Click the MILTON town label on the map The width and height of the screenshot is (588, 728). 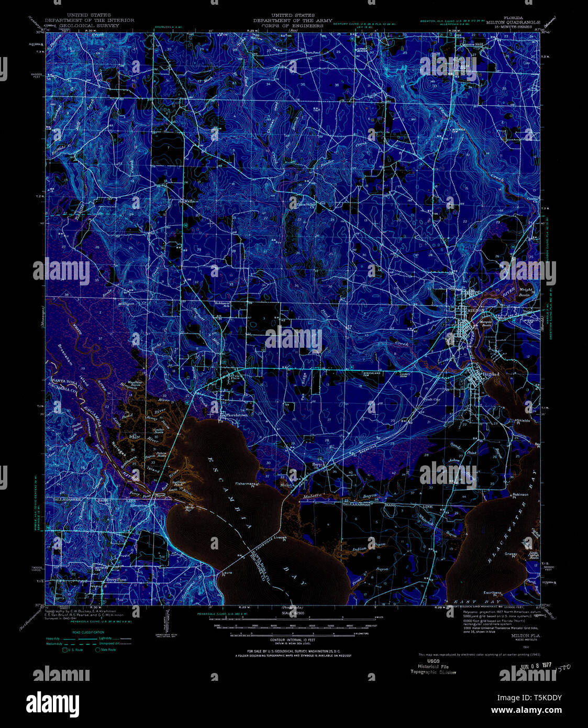476,310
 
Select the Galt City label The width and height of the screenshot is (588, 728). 432,400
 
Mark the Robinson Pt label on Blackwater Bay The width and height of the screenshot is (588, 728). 520,494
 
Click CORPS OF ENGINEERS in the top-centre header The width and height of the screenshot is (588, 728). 293,25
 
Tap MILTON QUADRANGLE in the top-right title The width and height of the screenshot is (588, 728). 513,23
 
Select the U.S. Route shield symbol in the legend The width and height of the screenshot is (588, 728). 64,650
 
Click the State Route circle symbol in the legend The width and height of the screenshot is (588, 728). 98,650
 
